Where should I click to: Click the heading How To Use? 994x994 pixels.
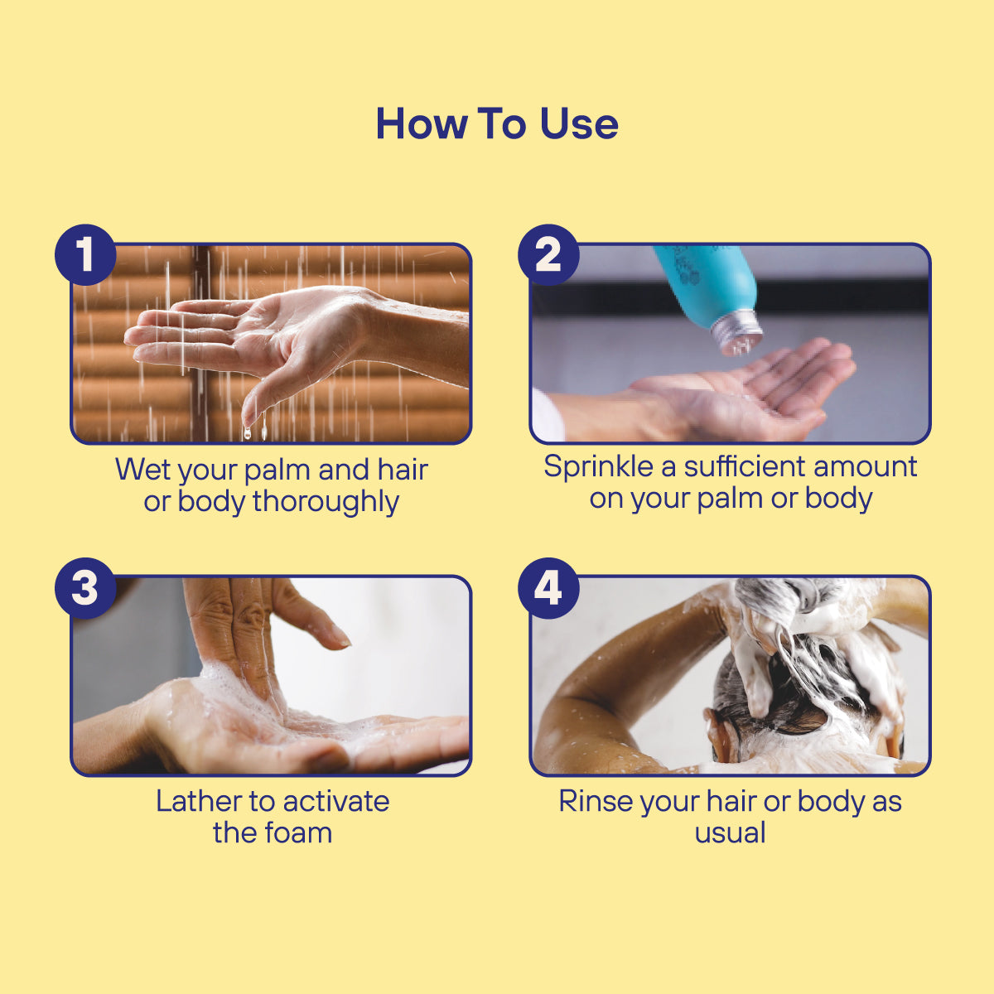click(497, 124)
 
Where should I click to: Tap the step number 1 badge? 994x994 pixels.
click(85, 255)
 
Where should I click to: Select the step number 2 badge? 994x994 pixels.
click(548, 255)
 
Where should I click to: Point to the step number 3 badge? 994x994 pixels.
click(85, 589)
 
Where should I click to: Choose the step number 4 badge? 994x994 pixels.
click(548, 589)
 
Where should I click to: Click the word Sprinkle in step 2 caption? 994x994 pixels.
click(598, 467)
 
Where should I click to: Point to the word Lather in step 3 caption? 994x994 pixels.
click(198, 801)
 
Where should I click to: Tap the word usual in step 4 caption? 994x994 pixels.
click(730, 832)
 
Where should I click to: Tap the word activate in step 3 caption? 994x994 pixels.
click(336, 801)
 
